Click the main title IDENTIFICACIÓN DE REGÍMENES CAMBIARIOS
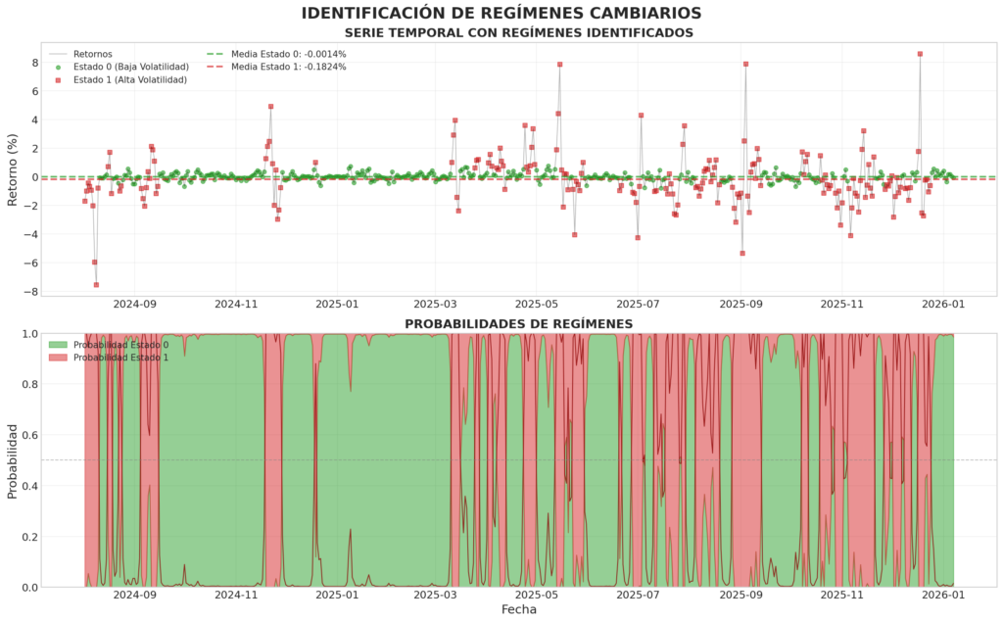pyautogui.click(x=501, y=13)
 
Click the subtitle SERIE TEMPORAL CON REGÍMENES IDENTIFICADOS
pyautogui.click(x=518, y=33)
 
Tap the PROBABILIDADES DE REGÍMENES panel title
pyautogui.click(x=518, y=323)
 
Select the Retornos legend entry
pyautogui.click(x=93, y=54)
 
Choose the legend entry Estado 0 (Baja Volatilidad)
pyautogui.click(x=130, y=67)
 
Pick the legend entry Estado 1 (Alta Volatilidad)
pyautogui.click(x=129, y=80)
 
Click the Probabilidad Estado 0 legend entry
pyautogui.click(x=127, y=345)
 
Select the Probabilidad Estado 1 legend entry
pyautogui.click(x=127, y=358)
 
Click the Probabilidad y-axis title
pyautogui.click(x=14, y=460)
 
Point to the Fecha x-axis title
pyautogui.click(x=518, y=609)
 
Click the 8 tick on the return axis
pyautogui.click(x=34, y=63)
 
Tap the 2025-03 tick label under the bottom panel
pyautogui.click(x=436, y=594)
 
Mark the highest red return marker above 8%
pyautogui.click(x=920, y=54)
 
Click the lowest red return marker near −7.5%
pyautogui.click(x=96, y=285)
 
